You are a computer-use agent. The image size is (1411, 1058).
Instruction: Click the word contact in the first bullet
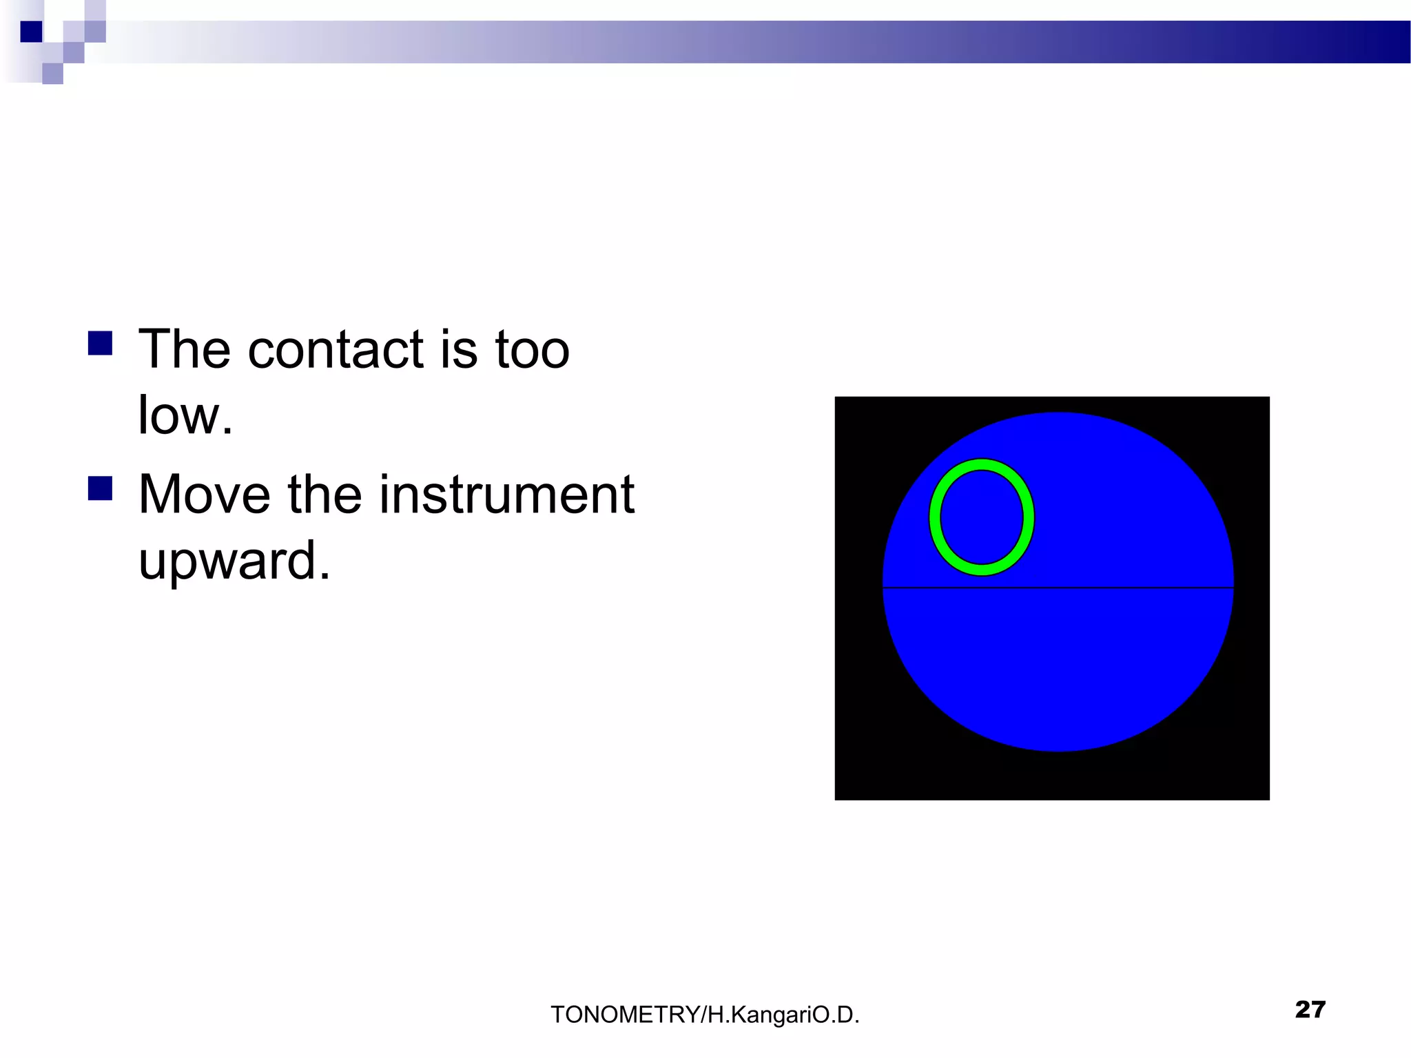[335, 349]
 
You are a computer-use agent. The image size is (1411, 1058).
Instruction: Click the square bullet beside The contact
[101, 343]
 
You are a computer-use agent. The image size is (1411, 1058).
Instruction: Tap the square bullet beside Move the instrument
[101, 488]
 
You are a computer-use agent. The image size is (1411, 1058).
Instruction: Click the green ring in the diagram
[935, 517]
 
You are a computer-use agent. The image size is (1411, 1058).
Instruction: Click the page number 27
[1310, 1009]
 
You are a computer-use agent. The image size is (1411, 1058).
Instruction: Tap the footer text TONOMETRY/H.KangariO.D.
[705, 1015]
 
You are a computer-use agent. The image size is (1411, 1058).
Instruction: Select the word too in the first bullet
[532, 349]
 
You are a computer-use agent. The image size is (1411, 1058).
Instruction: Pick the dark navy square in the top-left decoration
[32, 32]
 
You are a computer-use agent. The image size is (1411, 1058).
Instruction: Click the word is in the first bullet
[458, 349]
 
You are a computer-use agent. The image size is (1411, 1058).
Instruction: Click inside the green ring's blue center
[982, 517]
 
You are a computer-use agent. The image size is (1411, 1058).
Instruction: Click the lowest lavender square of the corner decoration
[52, 74]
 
